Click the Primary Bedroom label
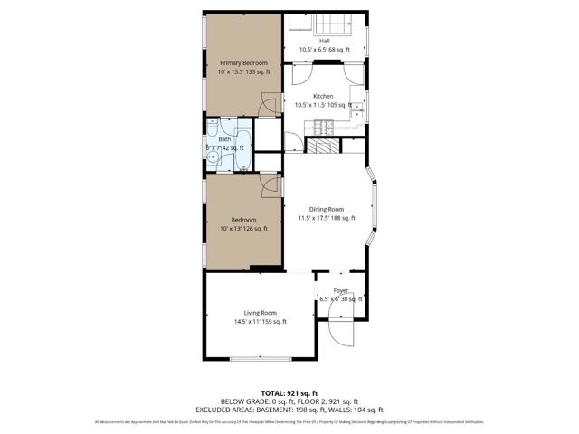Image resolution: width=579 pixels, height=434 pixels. (x=242, y=62)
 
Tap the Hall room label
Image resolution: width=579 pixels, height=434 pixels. (x=324, y=41)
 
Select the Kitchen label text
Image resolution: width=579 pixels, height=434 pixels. (x=323, y=96)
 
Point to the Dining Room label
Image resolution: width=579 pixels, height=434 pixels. (x=327, y=209)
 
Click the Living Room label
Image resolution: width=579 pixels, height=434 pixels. (x=260, y=313)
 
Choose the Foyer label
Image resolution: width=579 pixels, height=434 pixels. (x=340, y=290)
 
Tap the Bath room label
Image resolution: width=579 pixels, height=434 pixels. (x=224, y=139)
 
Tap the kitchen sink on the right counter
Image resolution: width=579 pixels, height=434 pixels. (x=357, y=109)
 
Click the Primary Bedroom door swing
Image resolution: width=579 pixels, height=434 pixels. (x=269, y=107)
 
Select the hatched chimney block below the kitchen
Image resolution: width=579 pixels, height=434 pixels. (x=320, y=145)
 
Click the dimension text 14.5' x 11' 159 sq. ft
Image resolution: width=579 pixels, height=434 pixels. (x=260, y=322)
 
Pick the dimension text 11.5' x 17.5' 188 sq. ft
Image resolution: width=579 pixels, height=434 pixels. (x=327, y=218)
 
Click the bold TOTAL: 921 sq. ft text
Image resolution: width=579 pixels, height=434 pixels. (x=289, y=392)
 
